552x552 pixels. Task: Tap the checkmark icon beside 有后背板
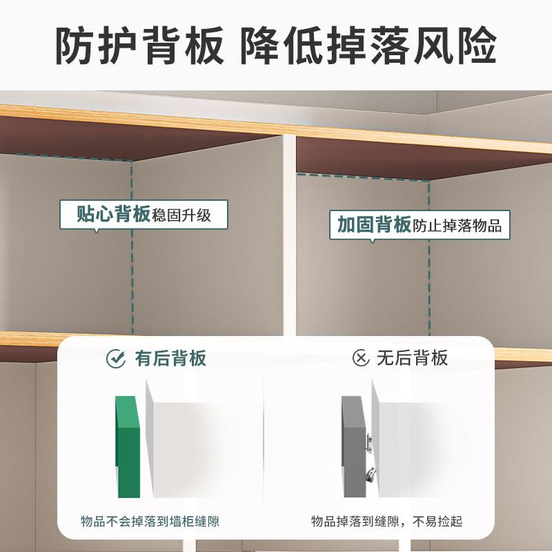(x=115, y=358)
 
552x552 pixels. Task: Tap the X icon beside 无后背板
(x=360, y=358)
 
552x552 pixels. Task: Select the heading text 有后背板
(x=170, y=358)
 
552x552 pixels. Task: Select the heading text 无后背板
(x=412, y=358)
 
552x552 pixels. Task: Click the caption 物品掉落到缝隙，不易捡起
(x=386, y=521)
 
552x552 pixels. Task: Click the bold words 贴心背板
(x=114, y=215)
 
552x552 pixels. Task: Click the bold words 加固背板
(x=375, y=225)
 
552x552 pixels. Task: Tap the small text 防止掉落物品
(x=457, y=226)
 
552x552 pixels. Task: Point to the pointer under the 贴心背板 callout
(x=96, y=231)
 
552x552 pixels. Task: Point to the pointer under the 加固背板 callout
(x=373, y=241)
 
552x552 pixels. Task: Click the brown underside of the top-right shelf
(x=414, y=159)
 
